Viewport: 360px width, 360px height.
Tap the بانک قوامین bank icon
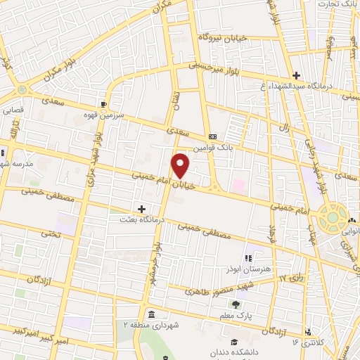pos(212,136)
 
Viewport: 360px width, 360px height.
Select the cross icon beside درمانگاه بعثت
pos(142,209)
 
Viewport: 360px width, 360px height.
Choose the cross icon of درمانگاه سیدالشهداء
pos(297,75)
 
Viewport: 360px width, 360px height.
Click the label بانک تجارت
pos(336,4)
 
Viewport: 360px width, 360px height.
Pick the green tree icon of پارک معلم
pos(236,304)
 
